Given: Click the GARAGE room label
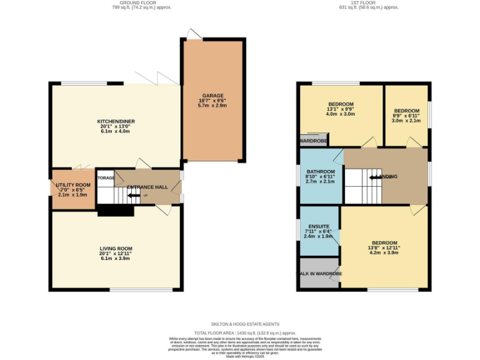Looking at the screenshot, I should tap(212, 96).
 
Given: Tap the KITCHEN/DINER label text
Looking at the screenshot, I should tap(116, 121).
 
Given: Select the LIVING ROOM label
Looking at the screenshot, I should tap(116, 249).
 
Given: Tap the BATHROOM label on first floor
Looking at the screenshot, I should tap(320, 172).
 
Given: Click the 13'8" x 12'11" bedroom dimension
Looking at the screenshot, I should tap(384, 248).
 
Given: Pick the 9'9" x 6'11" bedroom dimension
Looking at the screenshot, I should tap(406, 116).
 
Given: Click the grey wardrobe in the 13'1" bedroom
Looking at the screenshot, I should tap(314, 140).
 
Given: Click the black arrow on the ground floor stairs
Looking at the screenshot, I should tap(133, 196).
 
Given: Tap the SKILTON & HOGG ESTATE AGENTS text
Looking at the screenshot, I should tap(245, 324).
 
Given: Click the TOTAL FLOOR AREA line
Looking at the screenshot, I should tap(245, 333).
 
